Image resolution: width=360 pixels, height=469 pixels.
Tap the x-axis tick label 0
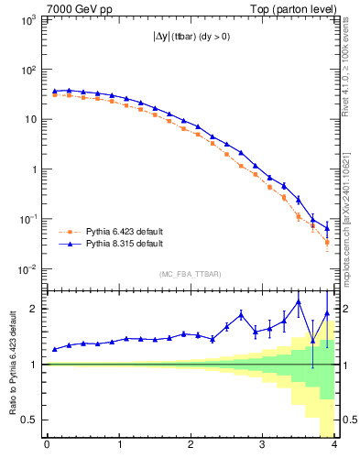click(47, 446)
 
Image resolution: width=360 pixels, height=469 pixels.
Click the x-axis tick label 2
click(190, 446)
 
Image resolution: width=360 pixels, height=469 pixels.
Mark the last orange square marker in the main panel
click(327, 243)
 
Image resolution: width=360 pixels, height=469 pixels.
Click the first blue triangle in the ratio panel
click(55, 349)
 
